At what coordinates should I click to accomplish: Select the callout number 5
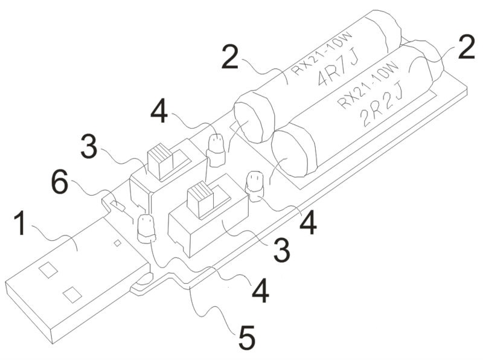246,338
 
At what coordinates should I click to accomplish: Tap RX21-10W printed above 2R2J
369,85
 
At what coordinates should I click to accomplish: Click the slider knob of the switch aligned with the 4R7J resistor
159,162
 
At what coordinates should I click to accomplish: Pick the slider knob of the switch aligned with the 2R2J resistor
200,201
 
